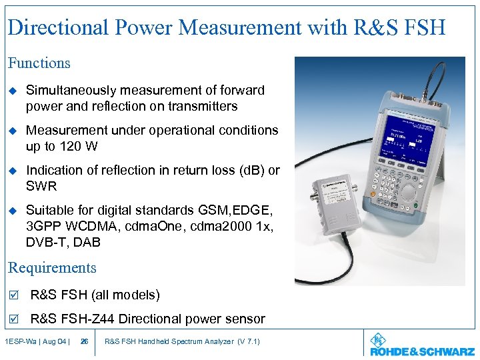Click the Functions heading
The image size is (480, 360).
(39, 63)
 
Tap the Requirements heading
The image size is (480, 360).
(52, 268)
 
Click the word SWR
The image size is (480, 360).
(41, 186)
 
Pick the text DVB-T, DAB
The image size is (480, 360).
(63, 242)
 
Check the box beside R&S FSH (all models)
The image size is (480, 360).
(13, 295)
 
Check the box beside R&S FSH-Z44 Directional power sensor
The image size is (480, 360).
(13, 319)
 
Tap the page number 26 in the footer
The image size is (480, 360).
(84, 342)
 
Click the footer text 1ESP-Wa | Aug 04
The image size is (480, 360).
(36, 342)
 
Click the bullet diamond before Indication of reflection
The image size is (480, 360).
(12, 171)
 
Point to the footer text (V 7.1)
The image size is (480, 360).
(248, 342)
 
